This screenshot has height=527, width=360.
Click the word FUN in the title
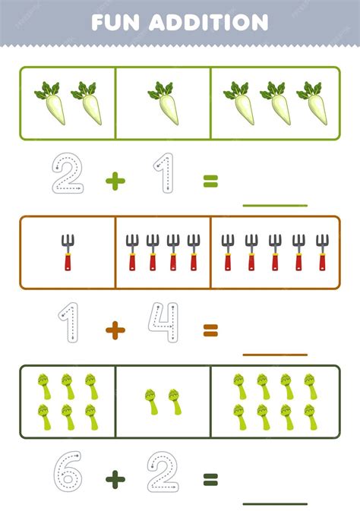tap(115, 23)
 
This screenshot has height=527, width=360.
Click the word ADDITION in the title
tap(208, 23)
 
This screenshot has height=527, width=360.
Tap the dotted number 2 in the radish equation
tap(68, 173)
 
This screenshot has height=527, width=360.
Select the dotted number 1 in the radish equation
tap(164, 173)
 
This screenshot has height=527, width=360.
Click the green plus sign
tap(115, 181)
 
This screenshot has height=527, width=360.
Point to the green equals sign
tap(210, 181)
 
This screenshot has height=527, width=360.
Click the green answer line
tap(275, 205)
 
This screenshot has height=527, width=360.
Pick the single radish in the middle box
tap(165, 103)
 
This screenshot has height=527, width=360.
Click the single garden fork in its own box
tap(68, 252)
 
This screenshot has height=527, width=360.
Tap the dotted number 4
tap(163, 322)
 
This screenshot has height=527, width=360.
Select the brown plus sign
tap(115, 330)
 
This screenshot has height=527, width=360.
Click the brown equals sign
tap(210, 330)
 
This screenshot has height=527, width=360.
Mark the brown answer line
tap(275, 355)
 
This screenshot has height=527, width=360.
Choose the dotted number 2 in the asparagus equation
tap(163, 472)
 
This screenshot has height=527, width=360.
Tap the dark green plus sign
tap(115, 480)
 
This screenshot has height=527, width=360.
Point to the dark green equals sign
tap(210, 480)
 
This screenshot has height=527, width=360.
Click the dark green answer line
tap(275, 503)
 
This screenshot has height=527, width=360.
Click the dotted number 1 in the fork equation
tap(69, 322)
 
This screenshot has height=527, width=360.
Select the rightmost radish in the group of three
tap(313, 103)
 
